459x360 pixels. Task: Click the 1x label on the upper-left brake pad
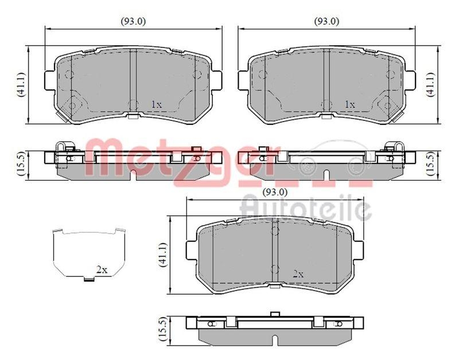156,104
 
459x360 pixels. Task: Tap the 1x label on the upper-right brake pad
350,104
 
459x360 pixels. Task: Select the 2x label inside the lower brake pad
298,274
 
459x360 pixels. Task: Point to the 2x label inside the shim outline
102,270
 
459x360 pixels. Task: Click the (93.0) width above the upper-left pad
133,21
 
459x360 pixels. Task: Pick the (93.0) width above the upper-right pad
326,21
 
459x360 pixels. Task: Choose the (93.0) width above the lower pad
275,192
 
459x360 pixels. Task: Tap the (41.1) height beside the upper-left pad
21,84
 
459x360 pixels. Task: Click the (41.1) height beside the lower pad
163,255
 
